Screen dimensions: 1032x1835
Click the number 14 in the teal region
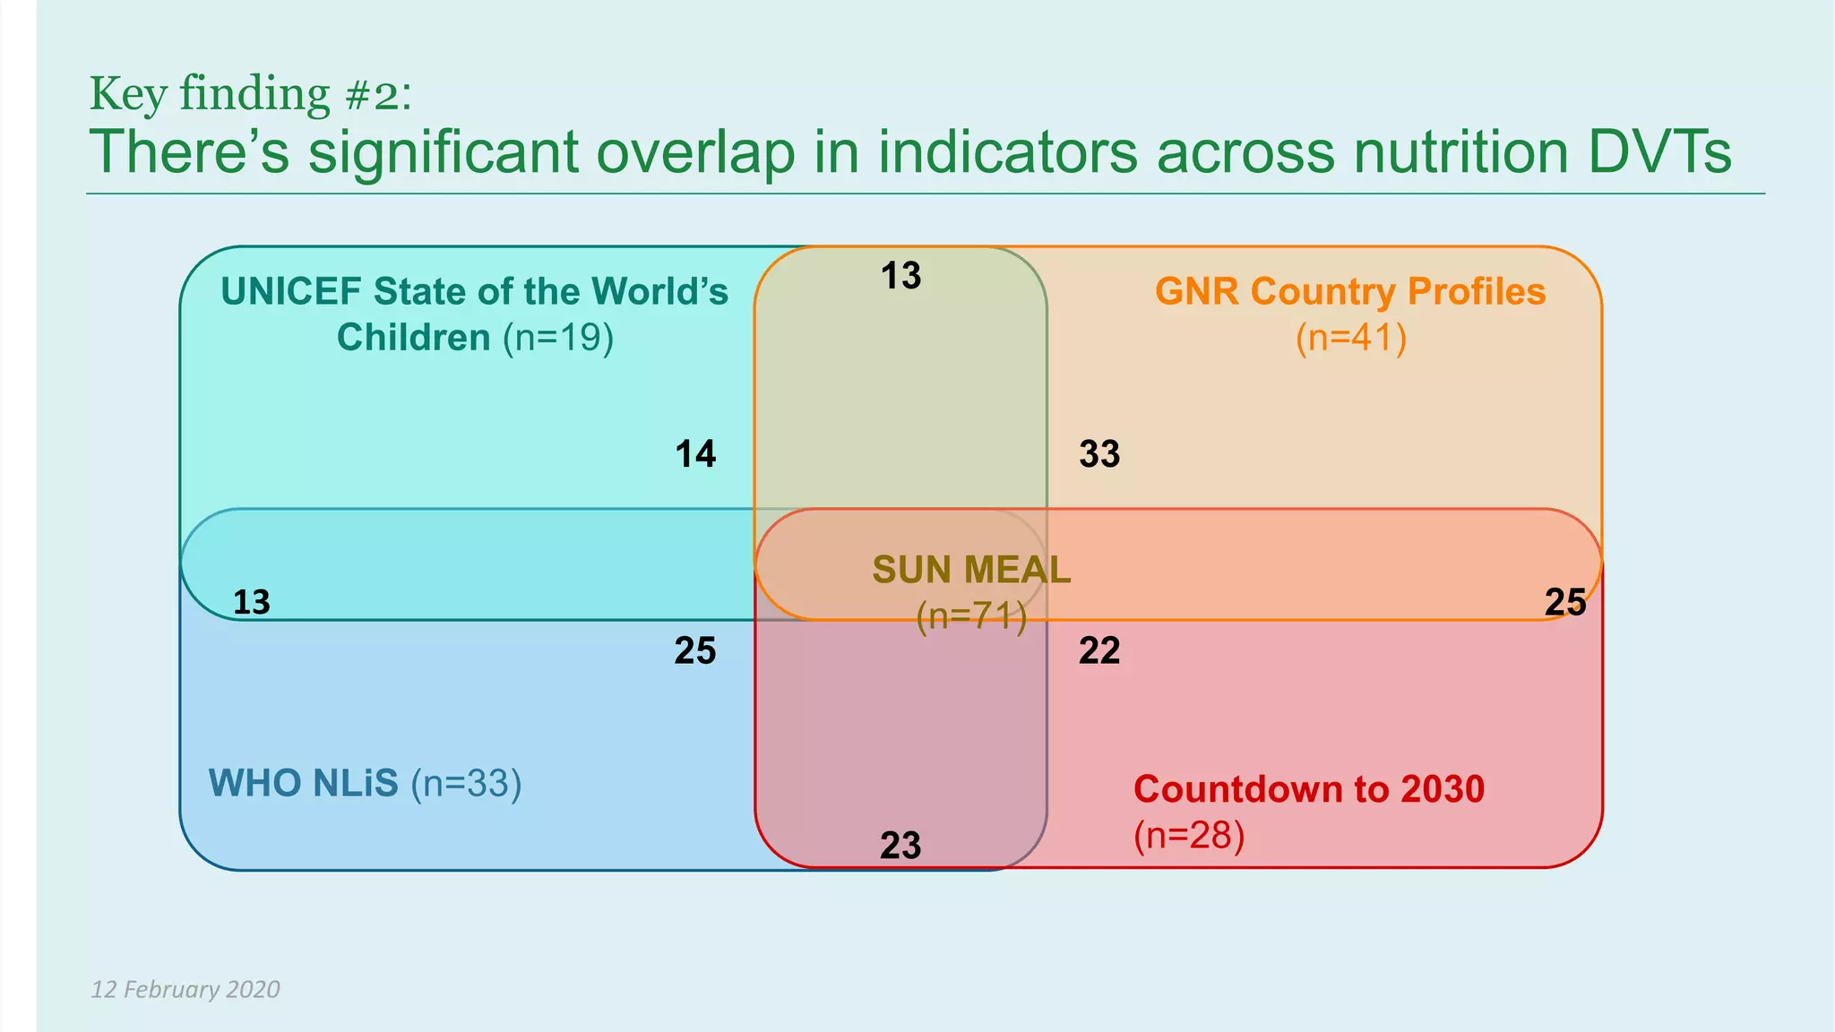695,454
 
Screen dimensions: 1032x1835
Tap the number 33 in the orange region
1099,454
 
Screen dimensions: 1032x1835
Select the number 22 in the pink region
1099,650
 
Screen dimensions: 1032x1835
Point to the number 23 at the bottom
900,846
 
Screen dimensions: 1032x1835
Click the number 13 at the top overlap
900,276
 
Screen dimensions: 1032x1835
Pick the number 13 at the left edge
251,602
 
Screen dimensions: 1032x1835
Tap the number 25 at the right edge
1565,602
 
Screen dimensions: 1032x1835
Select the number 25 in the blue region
695,650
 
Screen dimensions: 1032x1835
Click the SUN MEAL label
971,570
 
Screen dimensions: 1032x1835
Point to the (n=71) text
971,616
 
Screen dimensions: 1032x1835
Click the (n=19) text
558,338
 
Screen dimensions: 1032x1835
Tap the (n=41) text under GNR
1351,338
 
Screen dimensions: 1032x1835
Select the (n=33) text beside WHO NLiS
466,783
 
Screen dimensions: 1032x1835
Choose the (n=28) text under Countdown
1189,835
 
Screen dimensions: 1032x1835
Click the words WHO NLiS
303,783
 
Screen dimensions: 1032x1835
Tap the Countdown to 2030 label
1308,789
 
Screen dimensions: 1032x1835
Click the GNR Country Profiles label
1350,291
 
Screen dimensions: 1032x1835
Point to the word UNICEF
290,291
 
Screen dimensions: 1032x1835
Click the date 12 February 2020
185,989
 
